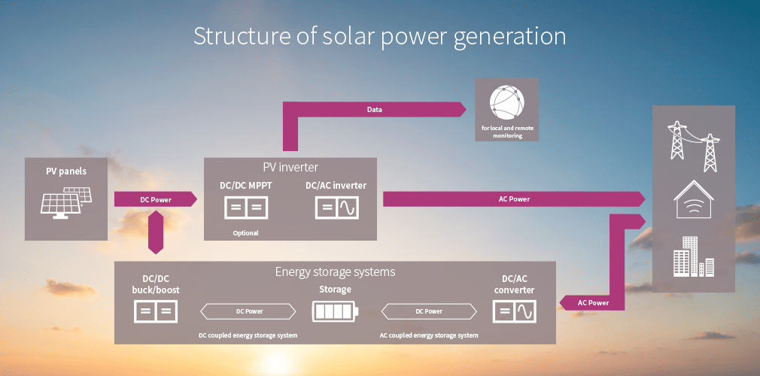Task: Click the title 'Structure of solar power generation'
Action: pyautogui.click(x=379, y=36)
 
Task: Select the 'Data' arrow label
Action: pyautogui.click(x=374, y=110)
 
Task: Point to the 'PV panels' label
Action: pyautogui.click(x=66, y=171)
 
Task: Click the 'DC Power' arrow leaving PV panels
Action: pyautogui.click(x=155, y=199)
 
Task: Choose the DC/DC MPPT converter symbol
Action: pyautogui.click(x=246, y=208)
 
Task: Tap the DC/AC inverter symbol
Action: pyautogui.click(x=336, y=208)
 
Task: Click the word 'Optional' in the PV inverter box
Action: pyautogui.click(x=245, y=233)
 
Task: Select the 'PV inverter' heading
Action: pyautogui.click(x=290, y=167)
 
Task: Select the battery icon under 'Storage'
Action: pyautogui.click(x=336, y=311)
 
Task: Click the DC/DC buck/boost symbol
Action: pyautogui.click(x=156, y=311)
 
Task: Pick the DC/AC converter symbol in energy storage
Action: pyautogui.click(x=514, y=311)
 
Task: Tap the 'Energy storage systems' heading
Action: pyautogui.click(x=335, y=271)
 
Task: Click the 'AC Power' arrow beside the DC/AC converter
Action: pyautogui.click(x=592, y=302)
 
